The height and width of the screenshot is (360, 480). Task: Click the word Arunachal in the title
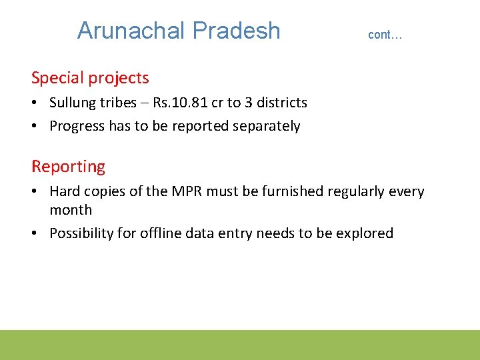pos(131,31)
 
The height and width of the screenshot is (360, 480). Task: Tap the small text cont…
pos(385,35)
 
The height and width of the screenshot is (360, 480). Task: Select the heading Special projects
pos(90,78)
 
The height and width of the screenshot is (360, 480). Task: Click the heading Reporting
pos(68,166)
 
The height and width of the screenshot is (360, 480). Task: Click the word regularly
pos(353,191)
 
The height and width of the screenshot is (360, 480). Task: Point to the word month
pos(71,210)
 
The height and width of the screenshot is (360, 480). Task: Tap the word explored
pos(365,233)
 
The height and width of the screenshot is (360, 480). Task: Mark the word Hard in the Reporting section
pos(65,191)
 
